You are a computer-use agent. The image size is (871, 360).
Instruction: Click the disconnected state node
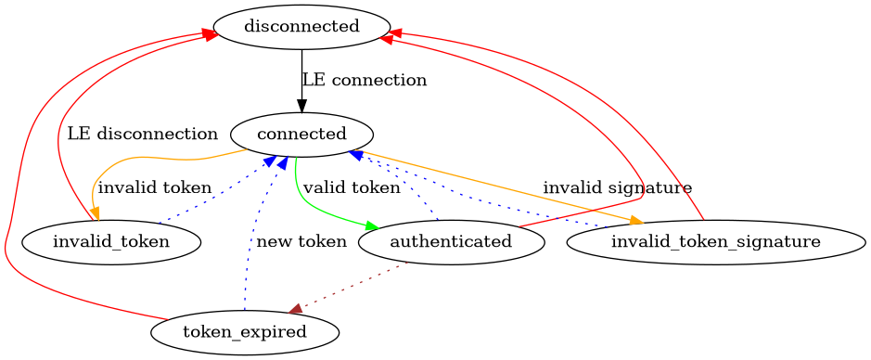pyautogui.click(x=301, y=26)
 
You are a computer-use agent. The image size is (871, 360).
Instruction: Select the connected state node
pyautogui.click(x=301, y=135)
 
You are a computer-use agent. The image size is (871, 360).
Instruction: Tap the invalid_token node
pyautogui.click(x=111, y=242)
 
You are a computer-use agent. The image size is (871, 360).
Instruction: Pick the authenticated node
pyautogui.click(x=451, y=242)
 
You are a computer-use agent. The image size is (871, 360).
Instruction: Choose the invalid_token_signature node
pyautogui.click(x=715, y=242)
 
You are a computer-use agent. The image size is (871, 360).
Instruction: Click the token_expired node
pyautogui.click(x=245, y=331)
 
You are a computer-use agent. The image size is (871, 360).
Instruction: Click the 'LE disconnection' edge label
pyautogui.click(x=142, y=134)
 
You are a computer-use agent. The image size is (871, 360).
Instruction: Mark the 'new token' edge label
pyautogui.click(x=301, y=242)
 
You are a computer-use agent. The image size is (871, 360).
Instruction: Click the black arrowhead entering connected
pyautogui.click(x=301, y=106)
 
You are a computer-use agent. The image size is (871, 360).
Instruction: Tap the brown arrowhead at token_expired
pyautogui.click(x=294, y=309)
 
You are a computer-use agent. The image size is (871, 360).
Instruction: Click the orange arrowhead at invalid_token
pyautogui.click(x=96, y=212)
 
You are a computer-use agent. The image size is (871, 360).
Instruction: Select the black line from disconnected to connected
pyautogui.click(x=301, y=74)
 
